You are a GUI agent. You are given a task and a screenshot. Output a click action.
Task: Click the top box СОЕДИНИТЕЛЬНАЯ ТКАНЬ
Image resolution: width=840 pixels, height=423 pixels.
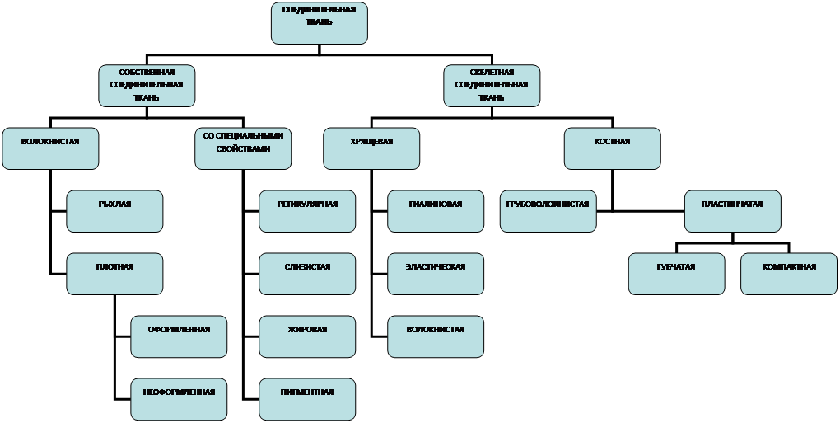tap(319, 23)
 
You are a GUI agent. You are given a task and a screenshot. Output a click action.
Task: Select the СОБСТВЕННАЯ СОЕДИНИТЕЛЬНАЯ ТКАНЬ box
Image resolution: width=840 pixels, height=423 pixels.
tap(147, 86)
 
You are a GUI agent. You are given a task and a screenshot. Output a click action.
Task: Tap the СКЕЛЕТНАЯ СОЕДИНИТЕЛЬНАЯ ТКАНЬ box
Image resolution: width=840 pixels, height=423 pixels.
tap(492, 86)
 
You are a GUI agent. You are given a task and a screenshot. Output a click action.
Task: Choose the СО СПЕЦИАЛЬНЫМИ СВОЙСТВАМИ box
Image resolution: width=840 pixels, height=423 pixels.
tap(243, 148)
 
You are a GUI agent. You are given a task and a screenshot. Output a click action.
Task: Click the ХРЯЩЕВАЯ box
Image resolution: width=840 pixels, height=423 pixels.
tap(371, 148)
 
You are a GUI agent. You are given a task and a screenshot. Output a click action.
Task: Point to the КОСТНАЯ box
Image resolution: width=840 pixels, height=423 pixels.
tap(612, 148)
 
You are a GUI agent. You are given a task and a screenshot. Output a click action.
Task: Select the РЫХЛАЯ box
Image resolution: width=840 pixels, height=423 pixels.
tap(114, 211)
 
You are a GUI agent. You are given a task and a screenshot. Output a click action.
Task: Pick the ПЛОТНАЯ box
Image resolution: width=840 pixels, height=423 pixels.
tap(114, 274)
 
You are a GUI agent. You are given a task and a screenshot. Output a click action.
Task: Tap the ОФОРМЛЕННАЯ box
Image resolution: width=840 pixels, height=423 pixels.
tap(179, 336)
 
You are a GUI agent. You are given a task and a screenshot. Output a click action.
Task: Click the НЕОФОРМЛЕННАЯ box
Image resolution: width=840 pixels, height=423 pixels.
tap(179, 399)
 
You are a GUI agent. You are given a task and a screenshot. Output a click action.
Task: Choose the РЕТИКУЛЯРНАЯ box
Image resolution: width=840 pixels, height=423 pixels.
tap(307, 211)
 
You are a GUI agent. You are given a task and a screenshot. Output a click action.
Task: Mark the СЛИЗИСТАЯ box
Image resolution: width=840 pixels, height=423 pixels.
tap(307, 274)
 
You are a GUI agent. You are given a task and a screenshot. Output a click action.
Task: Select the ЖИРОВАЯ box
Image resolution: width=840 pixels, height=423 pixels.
tap(307, 336)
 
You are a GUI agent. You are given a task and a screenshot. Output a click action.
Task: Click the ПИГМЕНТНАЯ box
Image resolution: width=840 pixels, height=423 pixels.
tap(307, 399)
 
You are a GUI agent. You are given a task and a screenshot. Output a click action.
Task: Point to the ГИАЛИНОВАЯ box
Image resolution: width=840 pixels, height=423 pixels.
tap(436, 211)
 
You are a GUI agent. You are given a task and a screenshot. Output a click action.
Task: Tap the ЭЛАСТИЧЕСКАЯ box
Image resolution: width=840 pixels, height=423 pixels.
tap(436, 274)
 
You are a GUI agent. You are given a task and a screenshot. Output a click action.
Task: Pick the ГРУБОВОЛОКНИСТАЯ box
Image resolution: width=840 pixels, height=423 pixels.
tap(548, 211)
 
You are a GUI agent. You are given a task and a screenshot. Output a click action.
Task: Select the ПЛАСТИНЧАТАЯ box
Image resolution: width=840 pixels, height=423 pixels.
tap(732, 211)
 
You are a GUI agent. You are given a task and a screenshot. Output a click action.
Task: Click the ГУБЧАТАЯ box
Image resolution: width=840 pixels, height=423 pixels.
tap(676, 274)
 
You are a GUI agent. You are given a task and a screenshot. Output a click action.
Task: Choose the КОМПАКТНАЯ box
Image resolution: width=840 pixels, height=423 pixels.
tap(789, 274)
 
